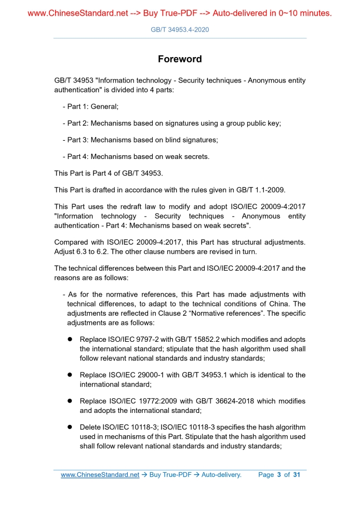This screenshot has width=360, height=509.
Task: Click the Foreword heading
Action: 180,59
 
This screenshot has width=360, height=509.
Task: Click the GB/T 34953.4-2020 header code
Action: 180,30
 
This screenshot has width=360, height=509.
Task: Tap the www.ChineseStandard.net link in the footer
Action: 100,475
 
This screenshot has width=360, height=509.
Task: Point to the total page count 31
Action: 297,475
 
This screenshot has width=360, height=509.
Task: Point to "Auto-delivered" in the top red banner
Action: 237,13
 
